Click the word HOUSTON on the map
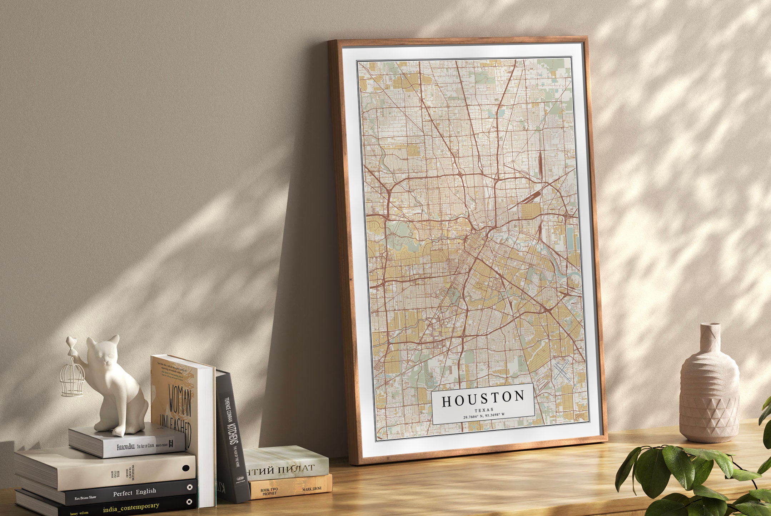pos(483,399)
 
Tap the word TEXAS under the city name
pos(484,410)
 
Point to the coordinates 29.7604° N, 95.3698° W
pos(484,415)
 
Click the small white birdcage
pos(72,380)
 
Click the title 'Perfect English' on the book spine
pos(135,492)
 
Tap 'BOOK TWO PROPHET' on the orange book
pos(269,491)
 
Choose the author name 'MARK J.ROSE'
pos(312,489)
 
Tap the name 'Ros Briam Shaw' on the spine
pos(85,497)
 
